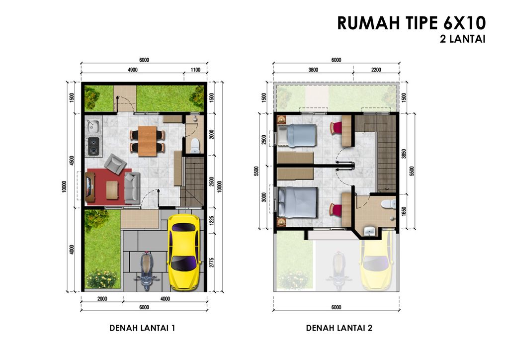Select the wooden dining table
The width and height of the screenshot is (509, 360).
[148, 141]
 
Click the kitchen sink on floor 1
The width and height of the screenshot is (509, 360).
[93, 126]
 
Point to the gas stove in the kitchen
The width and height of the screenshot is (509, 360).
[93, 146]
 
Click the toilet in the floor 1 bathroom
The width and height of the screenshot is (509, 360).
[195, 145]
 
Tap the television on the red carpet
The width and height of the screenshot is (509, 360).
[88, 187]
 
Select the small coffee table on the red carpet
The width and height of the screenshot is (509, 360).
[112, 189]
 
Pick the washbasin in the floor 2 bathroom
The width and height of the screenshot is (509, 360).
[369, 231]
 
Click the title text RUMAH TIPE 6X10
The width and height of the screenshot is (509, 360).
[411, 23]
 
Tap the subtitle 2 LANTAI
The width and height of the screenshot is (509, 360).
[463, 39]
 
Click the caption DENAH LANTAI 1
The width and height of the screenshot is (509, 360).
[142, 328]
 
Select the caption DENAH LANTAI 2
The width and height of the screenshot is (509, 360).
[339, 328]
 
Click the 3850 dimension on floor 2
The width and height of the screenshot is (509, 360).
[404, 154]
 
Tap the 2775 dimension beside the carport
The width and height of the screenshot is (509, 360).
[212, 262]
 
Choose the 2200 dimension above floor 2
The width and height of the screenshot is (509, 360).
[376, 70]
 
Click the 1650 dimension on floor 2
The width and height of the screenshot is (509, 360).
[404, 211]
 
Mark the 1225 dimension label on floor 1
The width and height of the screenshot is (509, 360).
[212, 220]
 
